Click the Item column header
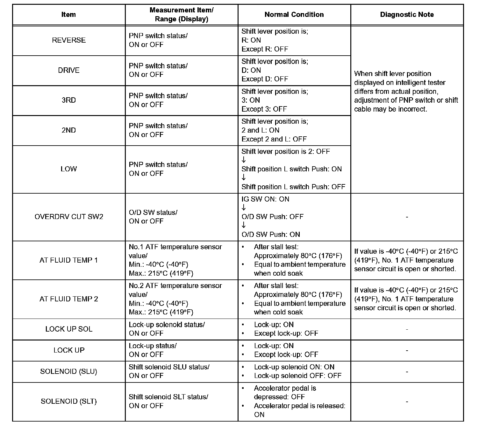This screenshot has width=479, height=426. [68, 15]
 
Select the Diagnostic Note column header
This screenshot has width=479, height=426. [407, 15]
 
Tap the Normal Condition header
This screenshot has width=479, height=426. [294, 15]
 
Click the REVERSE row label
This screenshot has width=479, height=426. [69, 40]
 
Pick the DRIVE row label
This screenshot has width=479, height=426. [69, 70]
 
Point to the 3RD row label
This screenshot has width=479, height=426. [69, 100]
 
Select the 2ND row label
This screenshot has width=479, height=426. [69, 130]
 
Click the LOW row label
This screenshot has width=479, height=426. [69, 169]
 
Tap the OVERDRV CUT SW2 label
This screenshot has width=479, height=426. [69, 217]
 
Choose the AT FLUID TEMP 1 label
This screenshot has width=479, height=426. [69, 260]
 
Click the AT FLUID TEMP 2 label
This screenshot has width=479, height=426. [69, 299]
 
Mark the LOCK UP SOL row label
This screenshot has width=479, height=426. [69, 329]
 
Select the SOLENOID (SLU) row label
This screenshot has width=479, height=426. [69, 371]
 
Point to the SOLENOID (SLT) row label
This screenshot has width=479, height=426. [69, 401]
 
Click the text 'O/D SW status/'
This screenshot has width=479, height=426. [153, 212]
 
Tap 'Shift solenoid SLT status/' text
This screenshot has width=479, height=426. [168, 397]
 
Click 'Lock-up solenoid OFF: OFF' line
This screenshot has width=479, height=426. [297, 376]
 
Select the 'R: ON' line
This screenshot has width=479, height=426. [251, 40]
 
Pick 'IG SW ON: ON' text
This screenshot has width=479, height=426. [265, 199]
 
